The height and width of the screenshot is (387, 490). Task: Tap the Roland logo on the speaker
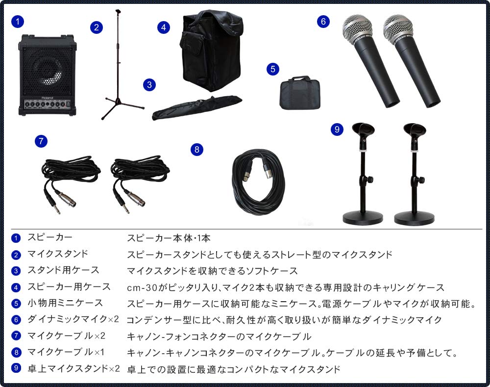pyautogui.click(x=47, y=98)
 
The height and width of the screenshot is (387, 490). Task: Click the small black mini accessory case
pyautogui.click(x=299, y=93)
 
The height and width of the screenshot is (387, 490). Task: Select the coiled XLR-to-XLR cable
pyautogui.click(x=258, y=181)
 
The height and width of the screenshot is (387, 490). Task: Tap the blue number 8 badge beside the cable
pyautogui.click(x=196, y=150)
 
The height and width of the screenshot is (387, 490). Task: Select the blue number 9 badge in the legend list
pyautogui.click(x=17, y=368)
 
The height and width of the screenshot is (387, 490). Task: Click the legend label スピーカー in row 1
pyautogui.click(x=49, y=238)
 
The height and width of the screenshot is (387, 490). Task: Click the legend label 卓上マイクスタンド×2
pyautogui.click(x=73, y=368)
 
